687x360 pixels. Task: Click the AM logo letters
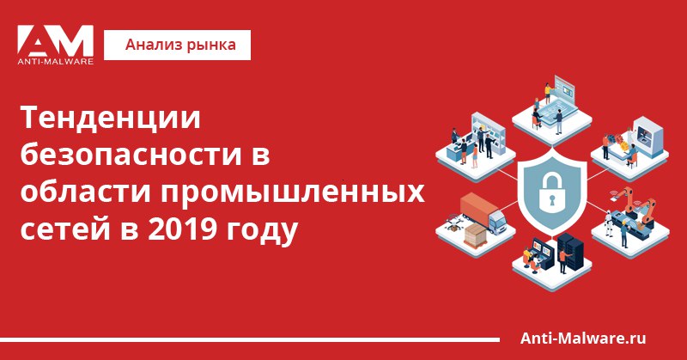pos(55,40)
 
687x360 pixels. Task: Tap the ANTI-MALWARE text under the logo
pos(55,62)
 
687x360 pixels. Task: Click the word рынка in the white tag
pos(211,46)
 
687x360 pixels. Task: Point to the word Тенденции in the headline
pos(111,118)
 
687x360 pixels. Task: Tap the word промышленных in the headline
pos(292,192)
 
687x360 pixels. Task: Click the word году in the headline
pos(262,231)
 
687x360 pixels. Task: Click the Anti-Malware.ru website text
pos(583,339)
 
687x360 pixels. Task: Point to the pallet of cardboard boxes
pos(476,235)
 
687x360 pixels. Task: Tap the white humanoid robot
pos(609,223)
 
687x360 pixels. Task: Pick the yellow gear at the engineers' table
pos(620,137)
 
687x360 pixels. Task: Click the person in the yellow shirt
pos(547,92)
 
